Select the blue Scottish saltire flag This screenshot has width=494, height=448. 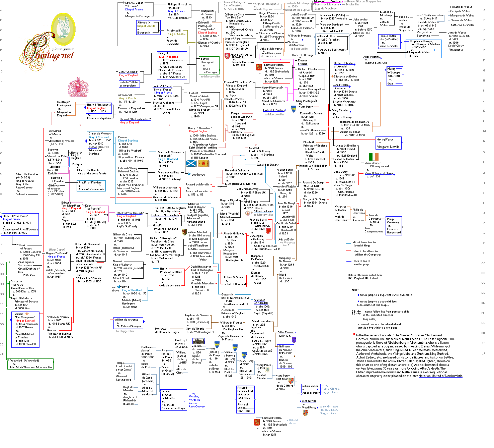(x=191, y=164)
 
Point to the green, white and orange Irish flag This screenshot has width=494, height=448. (x=374, y=157)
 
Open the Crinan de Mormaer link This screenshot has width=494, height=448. (x=100, y=133)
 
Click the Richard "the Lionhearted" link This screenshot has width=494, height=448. (x=135, y=119)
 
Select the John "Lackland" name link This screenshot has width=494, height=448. (x=129, y=72)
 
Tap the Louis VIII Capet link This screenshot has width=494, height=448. (x=162, y=86)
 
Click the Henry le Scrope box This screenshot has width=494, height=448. (x=394, y=76)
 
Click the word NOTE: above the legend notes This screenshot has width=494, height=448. (x=356, y=290)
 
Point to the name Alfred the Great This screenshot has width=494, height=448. (x=25, y=174)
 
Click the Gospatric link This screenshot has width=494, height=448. (x=227, y=294)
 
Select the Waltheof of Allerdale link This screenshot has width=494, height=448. (x=261, y=301)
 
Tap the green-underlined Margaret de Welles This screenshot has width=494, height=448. (x=462, y=15)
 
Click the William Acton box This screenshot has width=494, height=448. (x=311, y=389)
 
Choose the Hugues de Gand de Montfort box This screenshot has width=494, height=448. (x=173, y=400)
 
